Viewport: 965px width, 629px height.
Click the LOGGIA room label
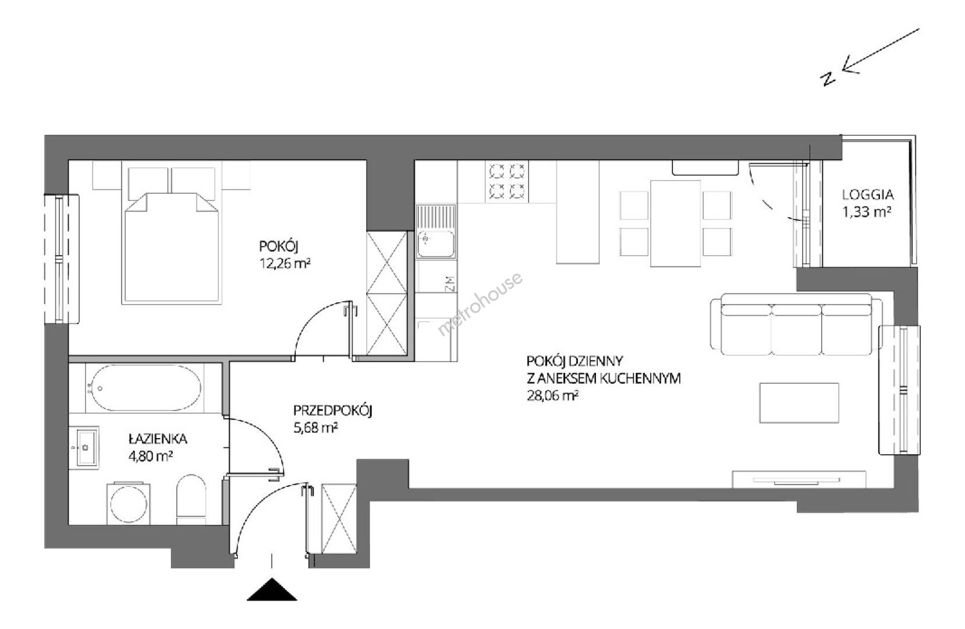[868, 195]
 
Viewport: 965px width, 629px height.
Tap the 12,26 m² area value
[285, 263]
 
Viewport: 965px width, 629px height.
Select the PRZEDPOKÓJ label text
[332, 411]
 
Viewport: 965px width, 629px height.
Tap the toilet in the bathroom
[191, 499]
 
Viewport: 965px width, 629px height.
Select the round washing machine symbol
[129, 503]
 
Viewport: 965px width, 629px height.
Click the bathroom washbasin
[87, 448]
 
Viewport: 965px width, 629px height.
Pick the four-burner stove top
[507, 182]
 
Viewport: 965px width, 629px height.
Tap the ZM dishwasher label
[450, 284]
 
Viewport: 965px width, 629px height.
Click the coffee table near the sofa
[799, 403]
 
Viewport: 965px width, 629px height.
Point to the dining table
[676, 223]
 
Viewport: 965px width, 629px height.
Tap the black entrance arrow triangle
[272, 590]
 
